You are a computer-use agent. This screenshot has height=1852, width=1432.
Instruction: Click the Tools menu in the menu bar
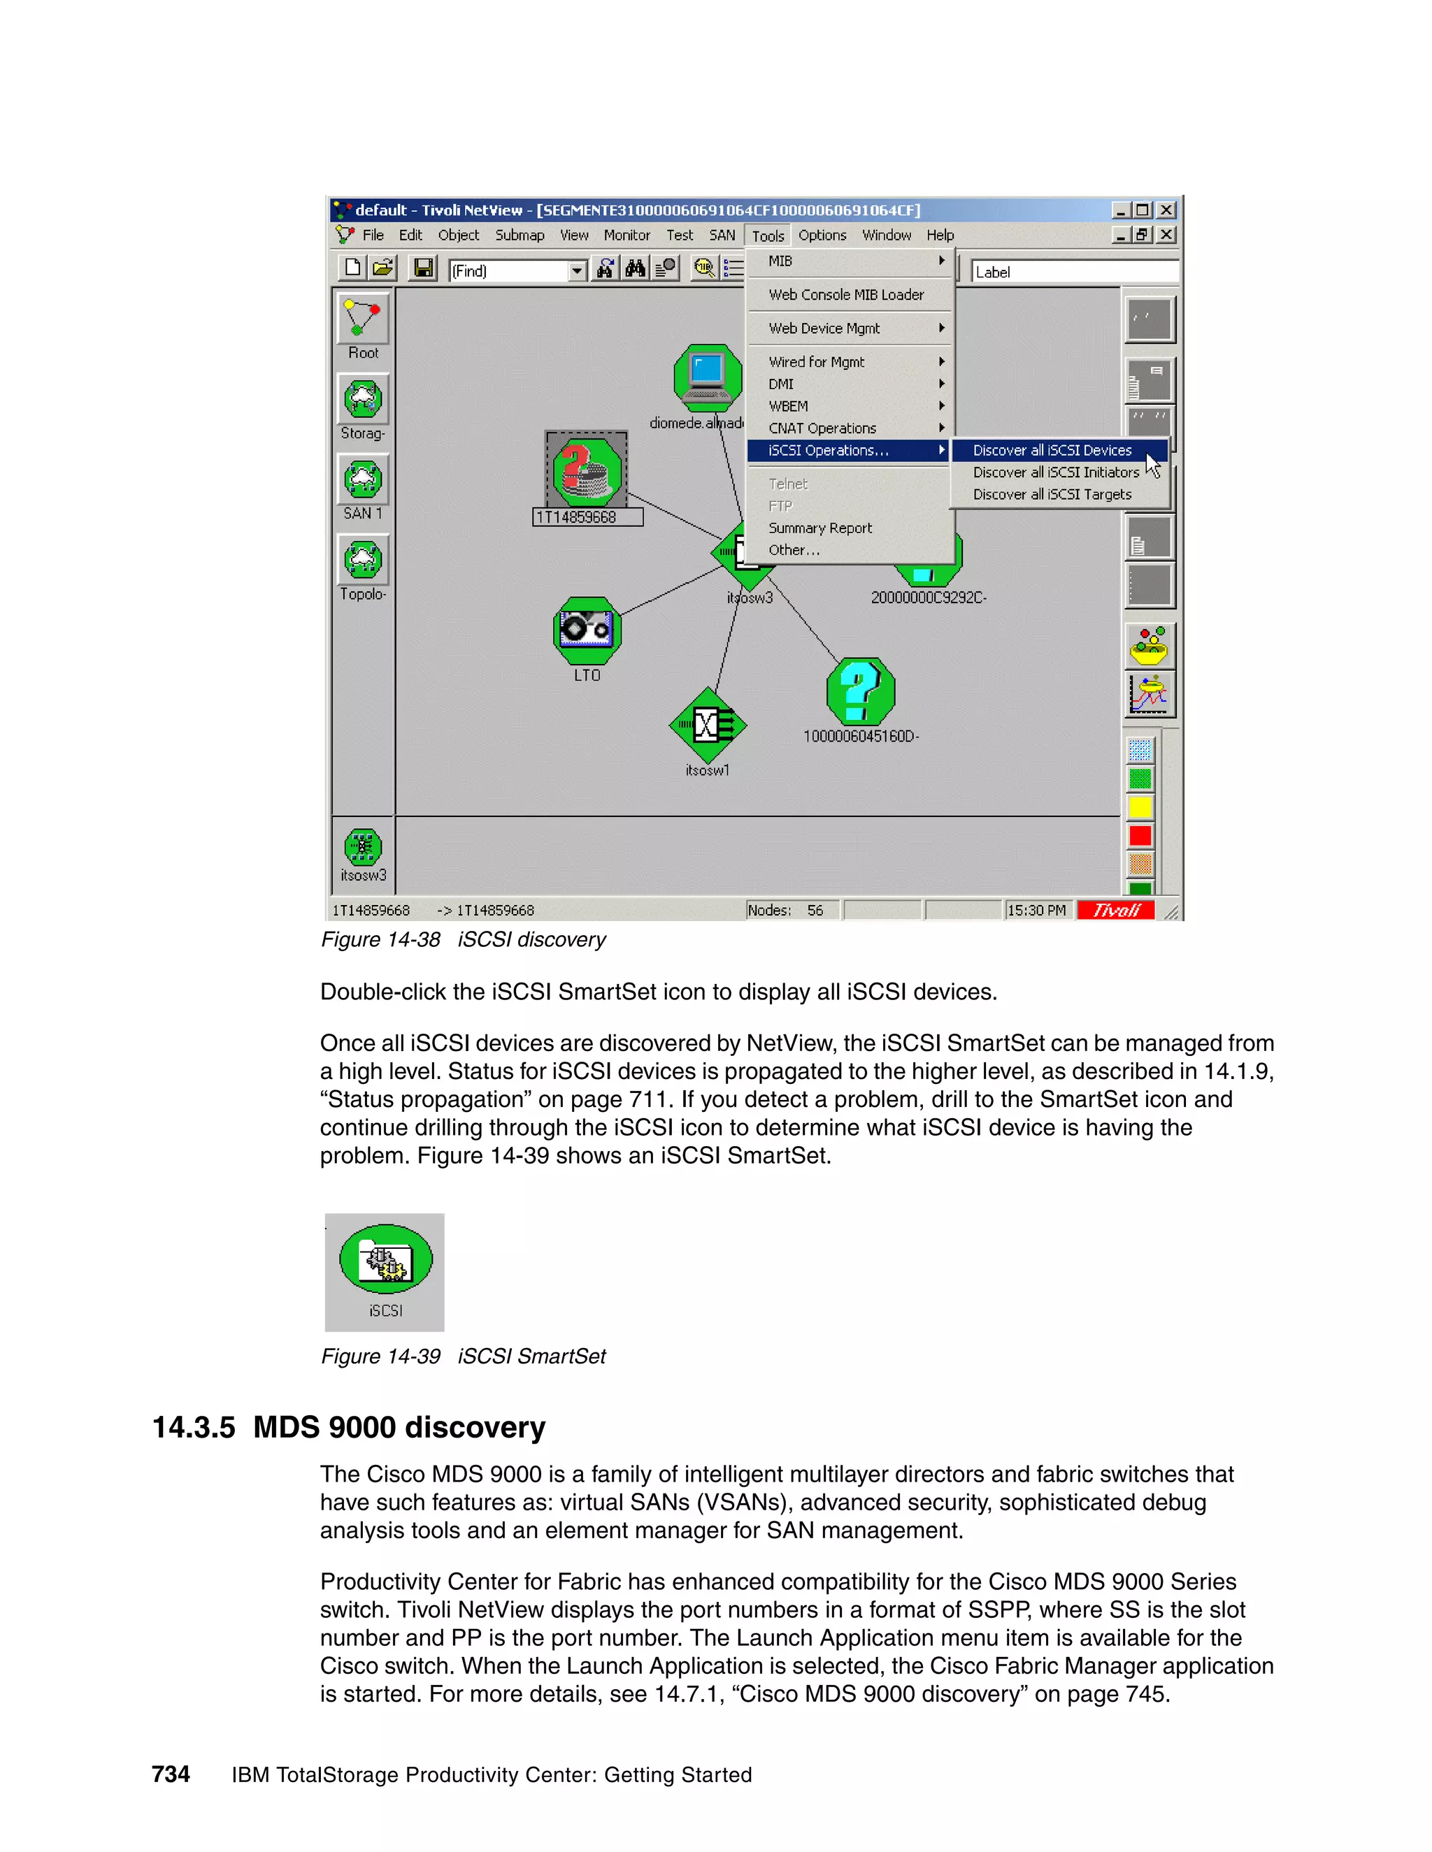click(767, 236)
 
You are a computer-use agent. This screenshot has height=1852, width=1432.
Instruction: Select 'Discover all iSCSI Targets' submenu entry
click(1051, 494)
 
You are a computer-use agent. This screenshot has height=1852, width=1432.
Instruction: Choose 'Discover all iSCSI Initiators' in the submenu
click(1054, 472)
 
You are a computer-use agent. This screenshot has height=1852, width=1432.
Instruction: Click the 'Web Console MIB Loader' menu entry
click(846, 294)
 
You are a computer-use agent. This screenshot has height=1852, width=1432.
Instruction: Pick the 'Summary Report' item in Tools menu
click(819, 528)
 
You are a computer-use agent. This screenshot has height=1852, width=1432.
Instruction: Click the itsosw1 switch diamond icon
click(708, 725)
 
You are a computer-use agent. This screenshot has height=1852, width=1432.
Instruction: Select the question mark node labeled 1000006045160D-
click(860, 691)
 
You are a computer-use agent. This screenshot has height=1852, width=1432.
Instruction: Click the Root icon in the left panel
click(363, 318)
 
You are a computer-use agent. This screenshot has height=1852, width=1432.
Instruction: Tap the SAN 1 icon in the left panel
click(363, 480)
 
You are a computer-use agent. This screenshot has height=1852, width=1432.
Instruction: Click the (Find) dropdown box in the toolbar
click(517, 270)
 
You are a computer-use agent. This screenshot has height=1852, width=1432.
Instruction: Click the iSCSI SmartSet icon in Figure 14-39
click(385, 1260)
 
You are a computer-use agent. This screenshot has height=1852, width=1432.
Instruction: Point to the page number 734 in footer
click(171, 1774)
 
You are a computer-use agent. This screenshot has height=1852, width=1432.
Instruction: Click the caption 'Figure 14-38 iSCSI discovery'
click(463, 939)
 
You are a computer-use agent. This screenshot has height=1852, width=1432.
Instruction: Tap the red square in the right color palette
click(1140, 836)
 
